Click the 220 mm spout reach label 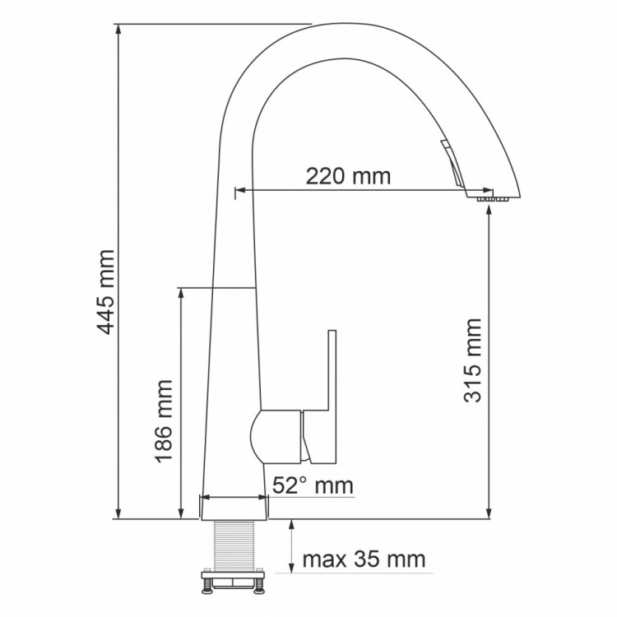click(348, 176)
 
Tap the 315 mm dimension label click(473, 360)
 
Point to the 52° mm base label click(313, 485)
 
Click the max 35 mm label click(364, 560)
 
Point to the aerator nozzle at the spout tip click(491, 198)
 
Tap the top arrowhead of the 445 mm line click(120, 30)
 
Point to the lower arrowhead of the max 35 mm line click(291, 567)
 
